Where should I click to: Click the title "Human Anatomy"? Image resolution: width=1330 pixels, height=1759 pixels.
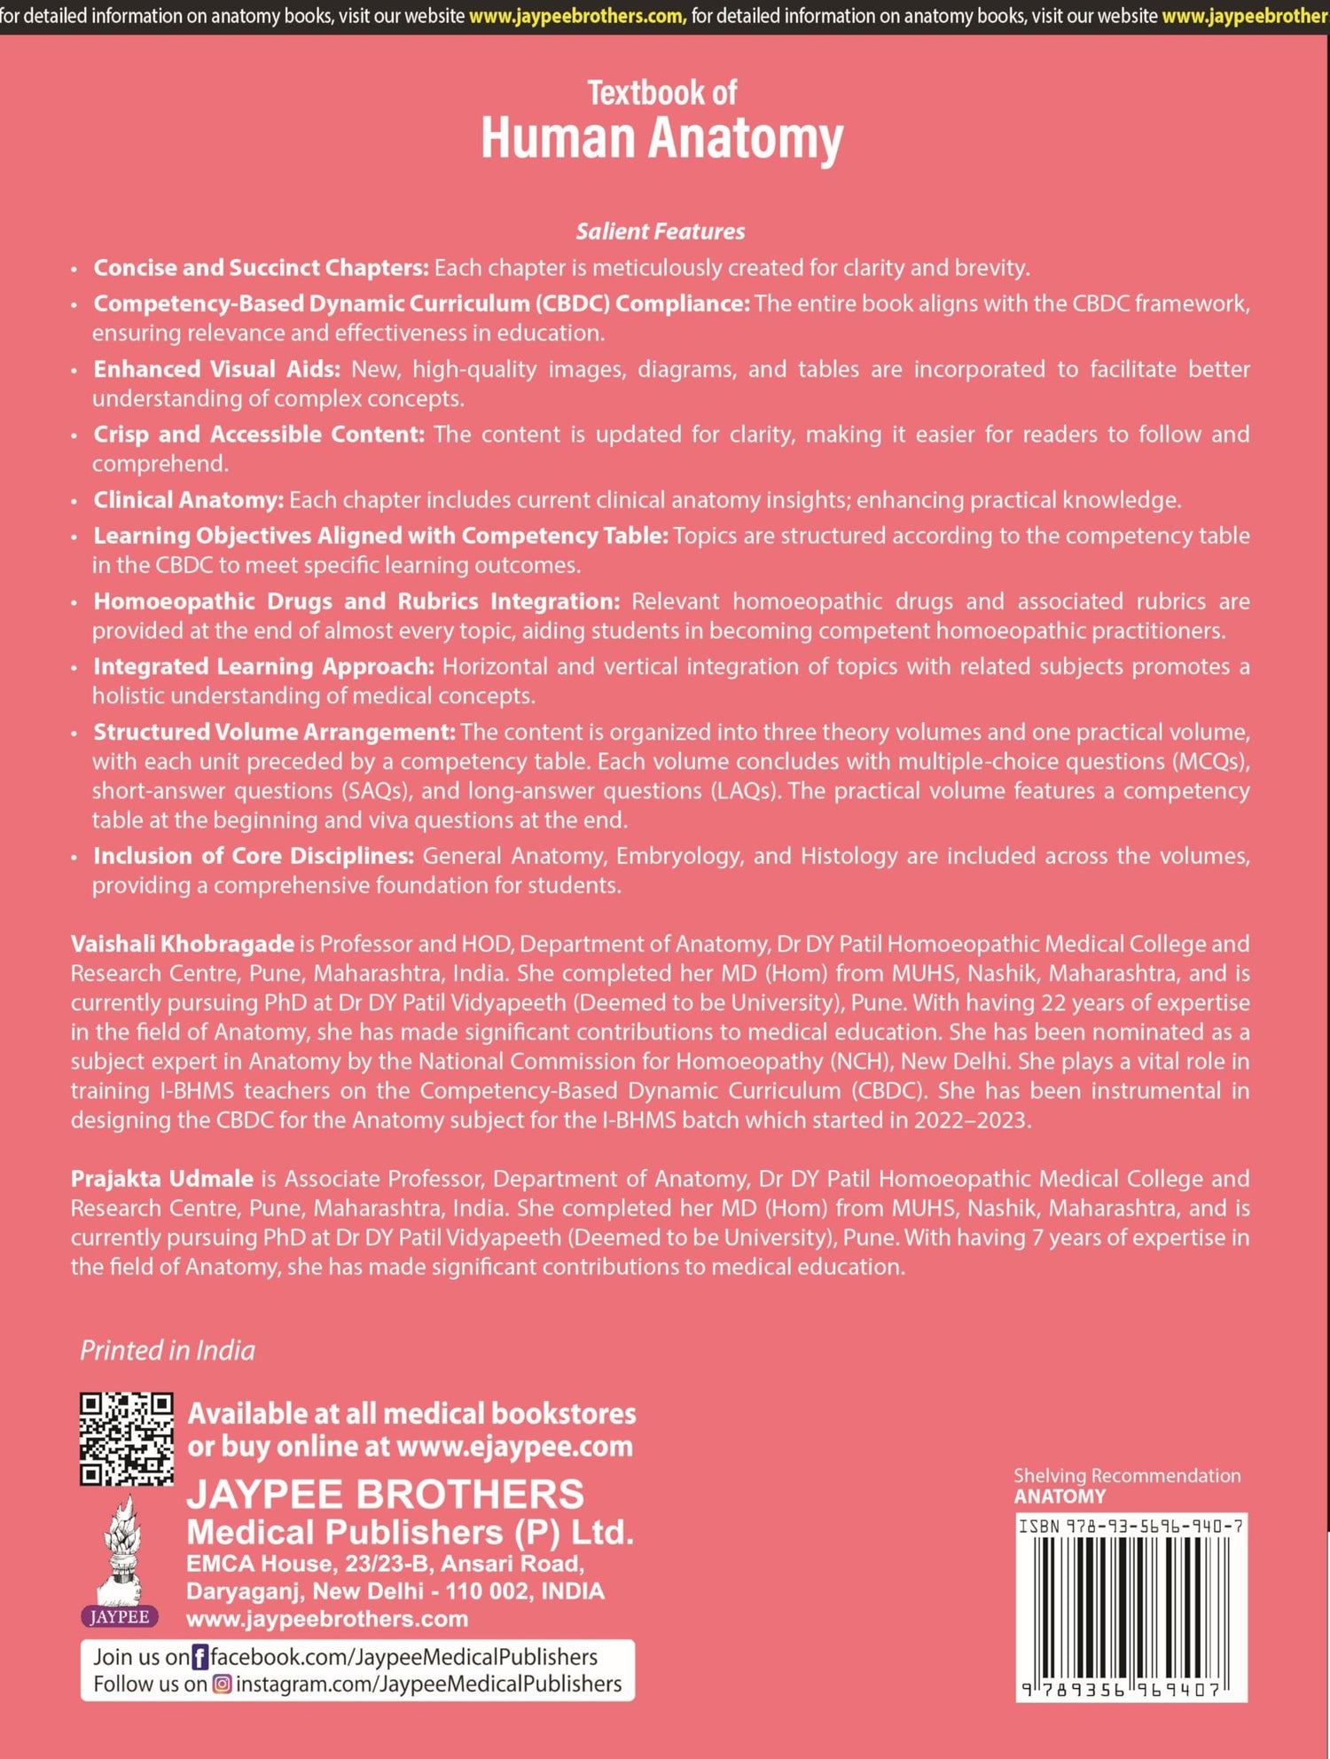pos(661,139)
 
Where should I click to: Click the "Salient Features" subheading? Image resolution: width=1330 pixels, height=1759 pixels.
pos(661,232)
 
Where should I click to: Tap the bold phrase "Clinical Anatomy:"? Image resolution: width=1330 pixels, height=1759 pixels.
pos(188,500)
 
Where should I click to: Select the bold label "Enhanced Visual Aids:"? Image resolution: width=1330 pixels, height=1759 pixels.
pos(216,369)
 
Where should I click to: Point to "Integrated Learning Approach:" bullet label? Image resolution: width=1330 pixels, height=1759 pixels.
pos(263,666)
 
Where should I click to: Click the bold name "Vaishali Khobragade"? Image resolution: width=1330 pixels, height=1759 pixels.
pos(182,944)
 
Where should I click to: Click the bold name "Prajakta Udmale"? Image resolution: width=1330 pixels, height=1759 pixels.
pos(161,1179)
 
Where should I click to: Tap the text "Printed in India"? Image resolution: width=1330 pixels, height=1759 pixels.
pos(168,1350)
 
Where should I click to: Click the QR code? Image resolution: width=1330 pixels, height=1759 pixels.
pos(126,1439)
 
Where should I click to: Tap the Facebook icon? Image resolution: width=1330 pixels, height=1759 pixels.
pos(200,1657)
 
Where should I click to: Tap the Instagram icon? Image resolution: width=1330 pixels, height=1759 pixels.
pos(222,1684)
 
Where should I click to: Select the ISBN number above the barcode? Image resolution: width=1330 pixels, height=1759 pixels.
pos(1130,1527)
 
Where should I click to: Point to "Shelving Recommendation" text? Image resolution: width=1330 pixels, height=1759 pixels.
pos(1127,1475)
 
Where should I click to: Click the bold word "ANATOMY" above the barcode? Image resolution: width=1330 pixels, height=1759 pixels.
pos(1060,1496)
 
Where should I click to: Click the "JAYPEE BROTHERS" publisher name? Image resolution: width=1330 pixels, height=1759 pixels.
pos(385,1495)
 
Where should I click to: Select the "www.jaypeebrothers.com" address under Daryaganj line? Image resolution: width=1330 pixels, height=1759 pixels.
pos(326,1619)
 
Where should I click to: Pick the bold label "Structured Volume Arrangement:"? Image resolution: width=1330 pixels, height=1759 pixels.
pos(274,732)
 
